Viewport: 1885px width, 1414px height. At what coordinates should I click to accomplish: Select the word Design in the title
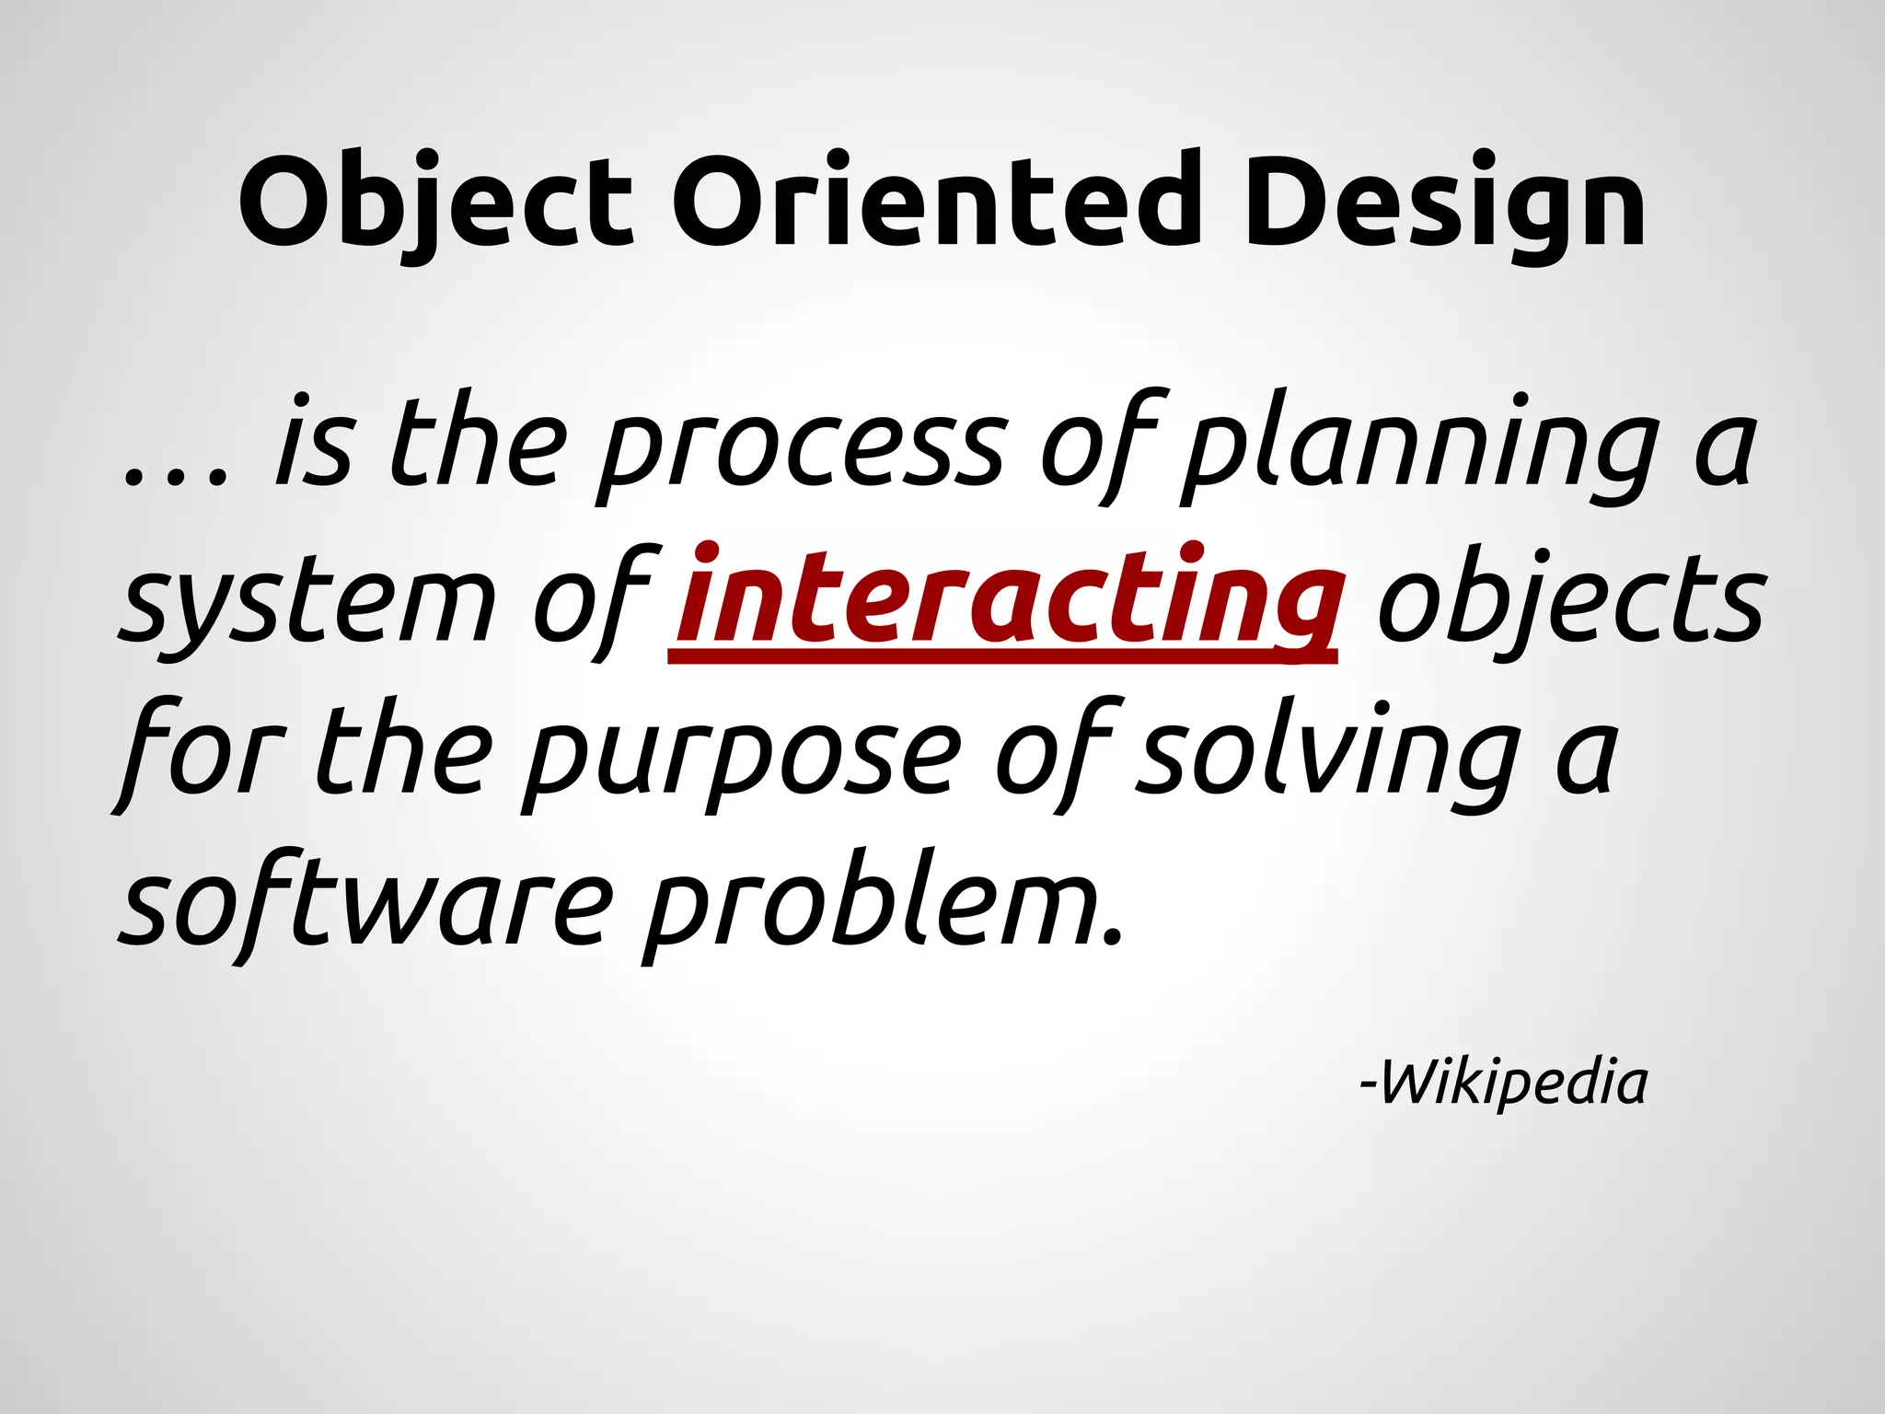tap(1444, 204)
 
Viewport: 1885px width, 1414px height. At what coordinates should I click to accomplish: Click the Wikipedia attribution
tap(1504, 1084)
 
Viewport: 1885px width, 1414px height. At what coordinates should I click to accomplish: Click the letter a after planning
tap(1725, 451)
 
